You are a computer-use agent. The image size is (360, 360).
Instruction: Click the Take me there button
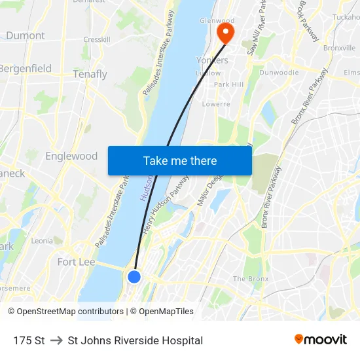click(180, 160)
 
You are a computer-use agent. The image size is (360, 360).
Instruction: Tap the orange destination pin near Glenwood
click(226, 33)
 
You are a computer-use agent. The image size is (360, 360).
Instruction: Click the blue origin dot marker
click(134, 277)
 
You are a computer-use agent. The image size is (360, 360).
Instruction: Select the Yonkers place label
click(213, 60)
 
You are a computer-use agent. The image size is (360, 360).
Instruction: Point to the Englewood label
click(71, 156)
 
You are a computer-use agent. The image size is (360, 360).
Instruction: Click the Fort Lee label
click(76, 262)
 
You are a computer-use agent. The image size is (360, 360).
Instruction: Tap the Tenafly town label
click(90, 74)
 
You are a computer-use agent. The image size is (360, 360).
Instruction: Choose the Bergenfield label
click(25, 68)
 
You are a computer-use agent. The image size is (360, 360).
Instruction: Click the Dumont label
click(26, 36)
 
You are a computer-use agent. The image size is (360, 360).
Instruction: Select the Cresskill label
click(96, 39)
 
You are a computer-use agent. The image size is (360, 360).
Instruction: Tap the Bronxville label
click(339, 48)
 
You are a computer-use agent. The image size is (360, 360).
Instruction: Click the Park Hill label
click(228, 84)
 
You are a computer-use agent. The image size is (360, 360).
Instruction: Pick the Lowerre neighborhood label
click(216, 104)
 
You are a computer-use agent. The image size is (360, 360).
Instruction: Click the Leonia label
click(42, 241)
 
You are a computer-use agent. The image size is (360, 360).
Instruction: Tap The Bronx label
click(251, 279)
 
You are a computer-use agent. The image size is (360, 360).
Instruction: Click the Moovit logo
click(321, 340)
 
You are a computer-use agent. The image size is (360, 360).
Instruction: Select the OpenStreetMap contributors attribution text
click(65, 312)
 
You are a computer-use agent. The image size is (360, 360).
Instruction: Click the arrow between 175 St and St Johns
click(56, 340)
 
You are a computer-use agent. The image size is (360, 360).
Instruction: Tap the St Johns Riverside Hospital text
click(135, 340)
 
